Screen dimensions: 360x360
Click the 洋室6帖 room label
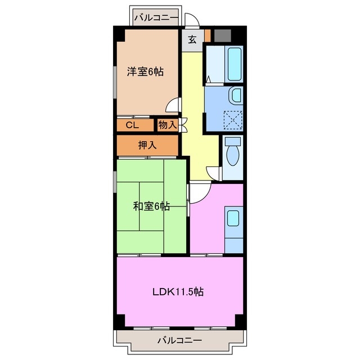(145, 72)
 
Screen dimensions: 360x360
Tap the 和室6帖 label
(151, 206)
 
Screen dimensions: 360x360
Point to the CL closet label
(132, 125)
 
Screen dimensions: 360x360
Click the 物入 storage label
(168, 125)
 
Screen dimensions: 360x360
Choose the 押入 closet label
(147, 145)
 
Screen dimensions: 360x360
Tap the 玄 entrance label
(192, 39)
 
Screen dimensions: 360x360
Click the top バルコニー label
(156, 17)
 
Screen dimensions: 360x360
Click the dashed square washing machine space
(231, 119)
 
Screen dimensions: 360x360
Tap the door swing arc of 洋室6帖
(174, 105)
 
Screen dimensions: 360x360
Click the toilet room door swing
(214, 173)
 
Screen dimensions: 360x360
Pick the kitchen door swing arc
(200, 192)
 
